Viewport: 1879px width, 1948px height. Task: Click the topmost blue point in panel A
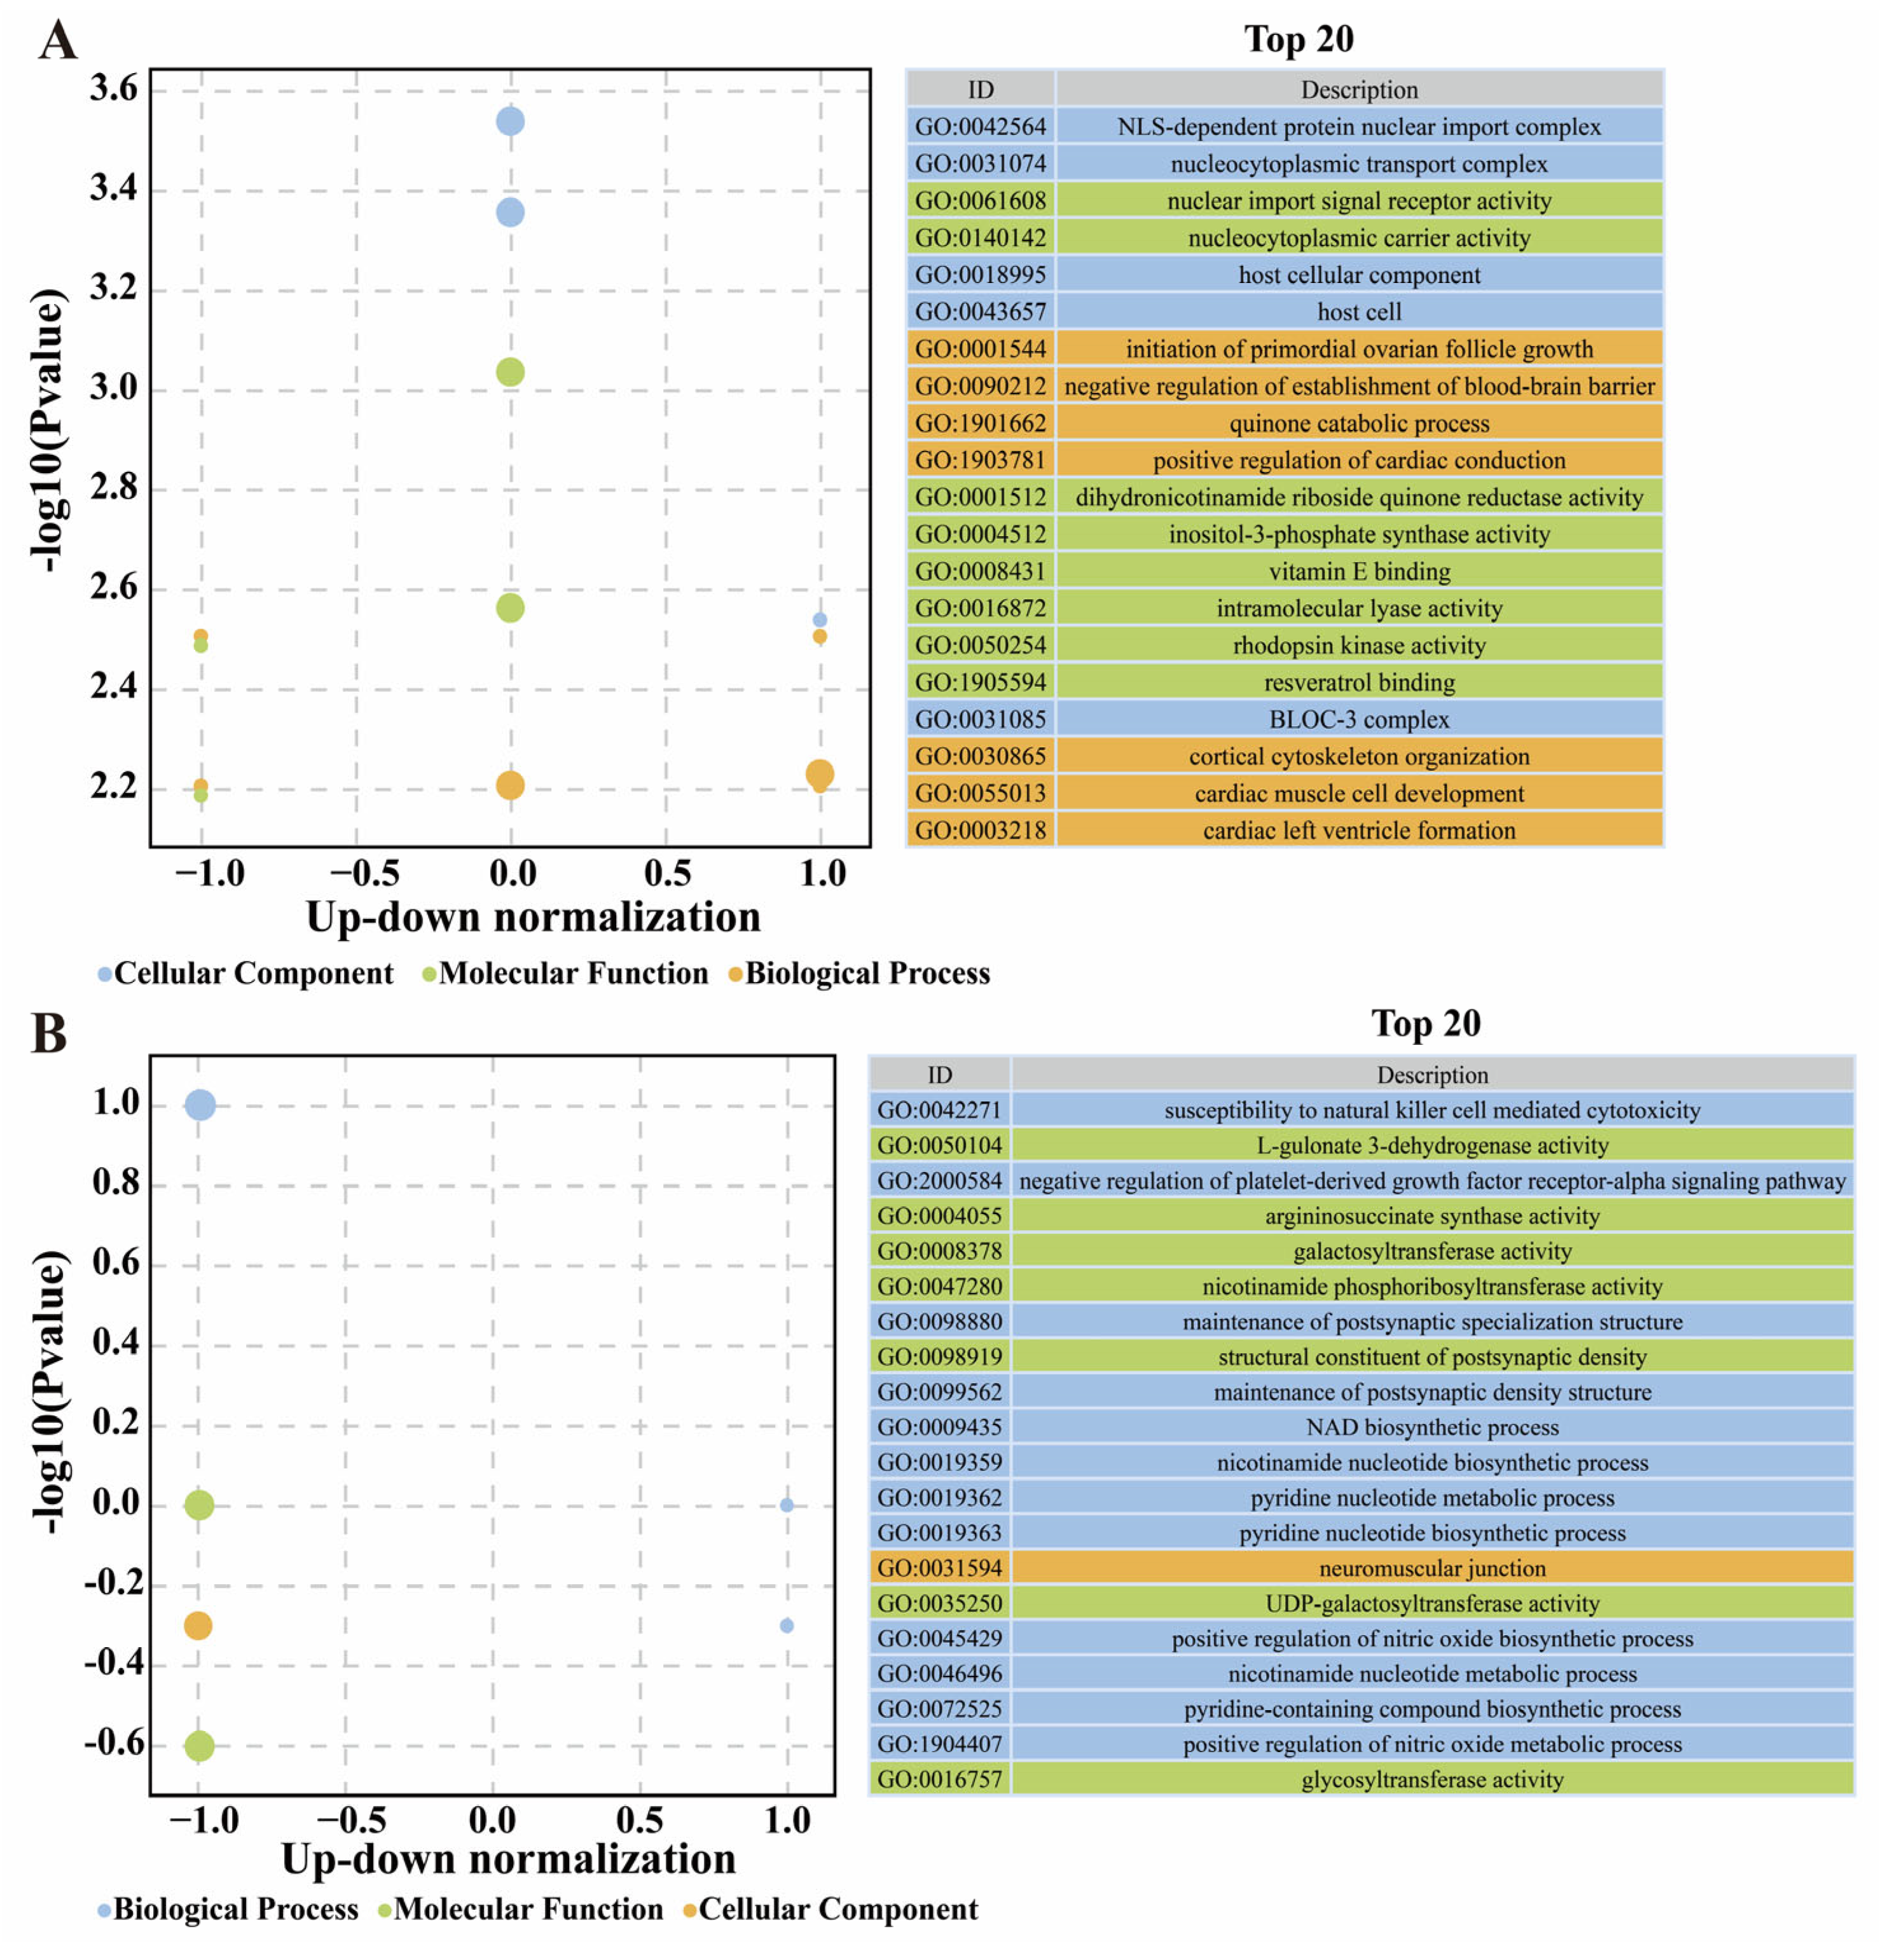pyautogui.click(x=510, y=121)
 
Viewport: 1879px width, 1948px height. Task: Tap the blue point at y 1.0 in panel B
pyautogui.click(x=200, y=1104)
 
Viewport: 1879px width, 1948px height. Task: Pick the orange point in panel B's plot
pyautogui.click(x=198, y=1625)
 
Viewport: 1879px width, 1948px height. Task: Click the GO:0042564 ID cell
pyautogui.click(x=980, y=126)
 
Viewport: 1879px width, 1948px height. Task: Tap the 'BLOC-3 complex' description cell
pyautogui.click(x=1358, y=719)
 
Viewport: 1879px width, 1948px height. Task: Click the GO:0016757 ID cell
pyautogui.click(x=939, y=1779)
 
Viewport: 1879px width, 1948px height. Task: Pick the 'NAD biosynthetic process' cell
pyautogui.click(x=1431, y=1427)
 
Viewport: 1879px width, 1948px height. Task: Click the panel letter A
pyautogui.click(x=58, y=43)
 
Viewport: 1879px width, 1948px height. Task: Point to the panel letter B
pyautogui.click(x=50, y=1033)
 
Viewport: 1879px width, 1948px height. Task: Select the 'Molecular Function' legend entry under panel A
pyautogui.click(x=572, y=973)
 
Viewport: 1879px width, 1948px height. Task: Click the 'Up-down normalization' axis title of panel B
pyautogui.click(x=508, y=1858)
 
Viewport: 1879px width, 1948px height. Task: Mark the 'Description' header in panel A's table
pyautogui.click(x=1358, y=90)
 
